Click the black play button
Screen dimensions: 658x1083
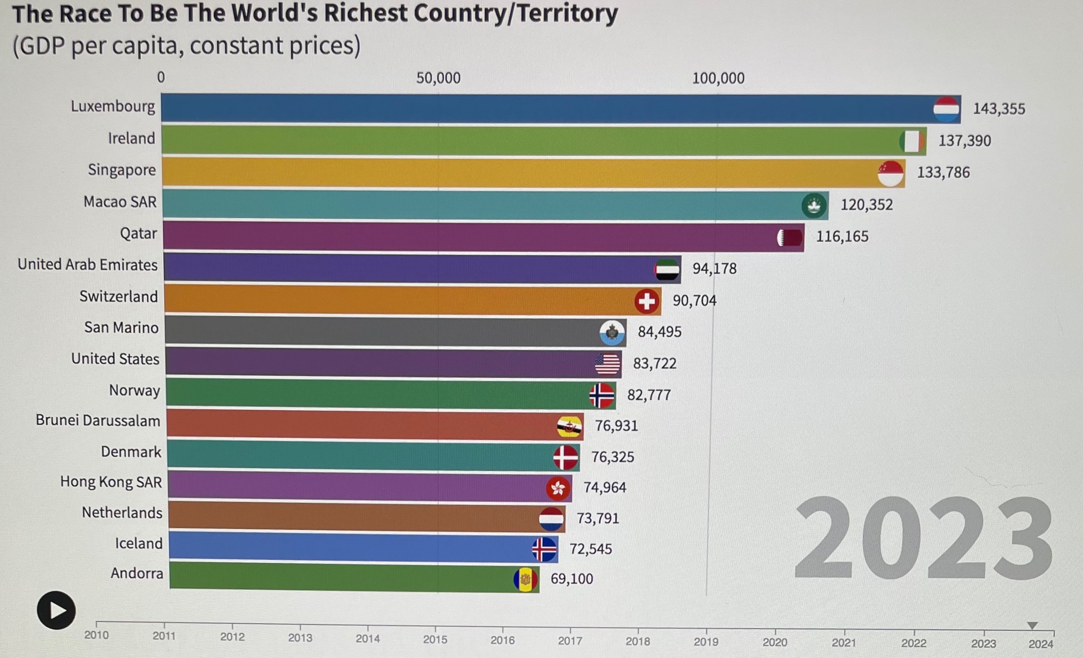tap(56, 610)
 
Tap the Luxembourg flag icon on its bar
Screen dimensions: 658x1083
tap(946, 109)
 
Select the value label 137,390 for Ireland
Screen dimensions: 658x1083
tap(965, 141)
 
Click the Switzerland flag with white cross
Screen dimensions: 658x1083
tap(647, 301)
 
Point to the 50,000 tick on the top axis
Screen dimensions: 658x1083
tap(438, 78)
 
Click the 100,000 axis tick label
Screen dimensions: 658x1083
tap(718, 79)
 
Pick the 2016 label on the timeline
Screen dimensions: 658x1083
tap(503, 640)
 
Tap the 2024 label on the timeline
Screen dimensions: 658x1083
tap(1041, 644)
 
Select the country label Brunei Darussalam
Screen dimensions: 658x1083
tap(98, 420)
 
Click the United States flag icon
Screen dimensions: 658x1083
tap(607, 364)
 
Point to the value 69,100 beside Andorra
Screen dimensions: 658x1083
tap(571, 579)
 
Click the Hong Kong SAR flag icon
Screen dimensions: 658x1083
tap(558, 488)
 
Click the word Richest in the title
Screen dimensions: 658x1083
tap(366, 13)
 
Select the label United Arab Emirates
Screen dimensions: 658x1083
tap(87, 265)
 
